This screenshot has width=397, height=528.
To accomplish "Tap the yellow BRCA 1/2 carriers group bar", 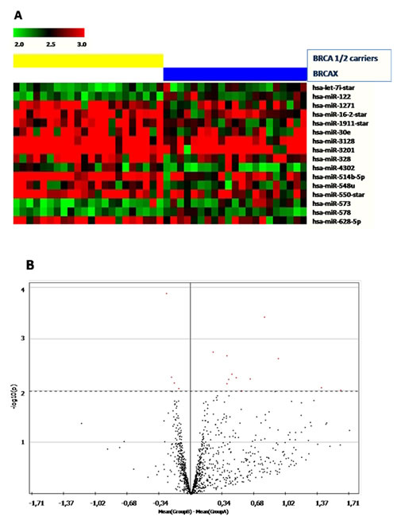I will (87, 60).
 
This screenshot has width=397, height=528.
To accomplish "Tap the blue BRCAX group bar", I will (234, 74).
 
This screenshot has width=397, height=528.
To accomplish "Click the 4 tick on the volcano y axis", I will (21, 290).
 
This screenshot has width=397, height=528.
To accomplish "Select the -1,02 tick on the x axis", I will (97, 503).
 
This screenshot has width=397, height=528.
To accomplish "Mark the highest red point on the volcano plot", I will (167, 293).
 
